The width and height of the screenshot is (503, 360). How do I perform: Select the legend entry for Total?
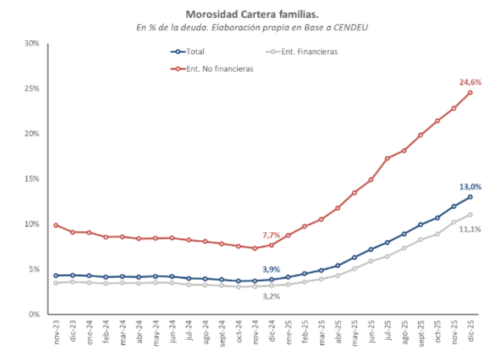tap(195, 51)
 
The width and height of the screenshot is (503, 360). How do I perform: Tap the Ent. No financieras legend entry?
tap(213, 68)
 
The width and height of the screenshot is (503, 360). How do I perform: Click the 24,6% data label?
tap(470, 82)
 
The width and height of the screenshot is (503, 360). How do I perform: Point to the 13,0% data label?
tap(470, 186)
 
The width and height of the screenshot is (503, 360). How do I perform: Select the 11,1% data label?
tap(470, 229)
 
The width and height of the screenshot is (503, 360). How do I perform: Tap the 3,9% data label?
tap(271, 269)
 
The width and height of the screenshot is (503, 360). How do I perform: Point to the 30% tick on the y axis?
tap(32, 43)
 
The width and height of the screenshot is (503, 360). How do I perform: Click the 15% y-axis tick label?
tap(32, 179)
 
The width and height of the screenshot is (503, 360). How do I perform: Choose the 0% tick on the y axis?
tap(34, 314)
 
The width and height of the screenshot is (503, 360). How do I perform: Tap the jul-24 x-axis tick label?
tap(189, 332)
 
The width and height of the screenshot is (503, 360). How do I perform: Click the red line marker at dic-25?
tap(470, 92)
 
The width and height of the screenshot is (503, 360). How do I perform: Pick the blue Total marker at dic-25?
tap(470, 197)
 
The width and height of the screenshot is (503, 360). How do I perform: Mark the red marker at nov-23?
tap(55, 225)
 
